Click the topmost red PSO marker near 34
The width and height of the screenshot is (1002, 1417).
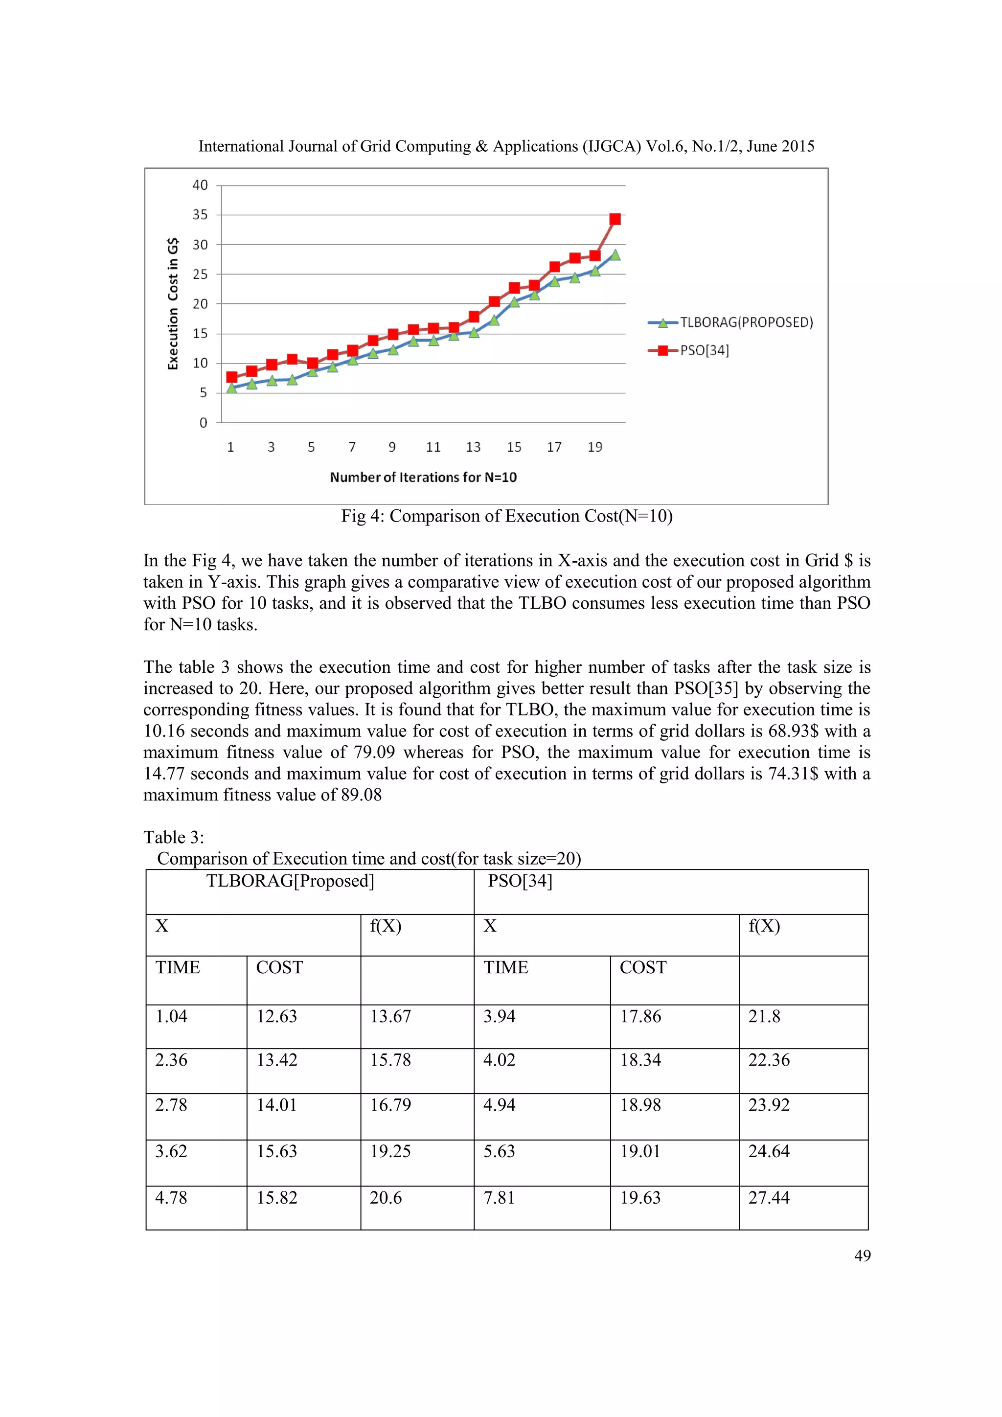615,219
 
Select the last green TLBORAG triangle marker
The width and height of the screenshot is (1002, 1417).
615,255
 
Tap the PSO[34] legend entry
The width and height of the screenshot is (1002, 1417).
704,350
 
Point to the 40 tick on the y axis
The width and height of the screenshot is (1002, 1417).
201,185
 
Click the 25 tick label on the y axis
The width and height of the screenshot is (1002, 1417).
201,274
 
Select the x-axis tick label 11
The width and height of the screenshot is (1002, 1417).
433,447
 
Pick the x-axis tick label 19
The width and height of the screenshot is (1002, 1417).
594,447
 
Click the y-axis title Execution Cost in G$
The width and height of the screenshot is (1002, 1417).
173,304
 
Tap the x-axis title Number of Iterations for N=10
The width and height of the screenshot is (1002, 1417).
423,477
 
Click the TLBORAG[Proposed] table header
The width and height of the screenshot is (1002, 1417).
290,881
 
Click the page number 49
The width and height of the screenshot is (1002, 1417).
862,1256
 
